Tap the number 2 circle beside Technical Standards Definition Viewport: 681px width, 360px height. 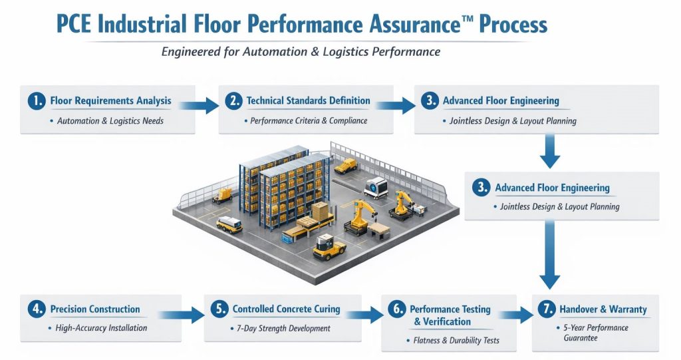tap(233, 102)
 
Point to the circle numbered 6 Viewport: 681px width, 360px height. tap(396, 310)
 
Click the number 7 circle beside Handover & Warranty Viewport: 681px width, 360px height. tap(546, 310)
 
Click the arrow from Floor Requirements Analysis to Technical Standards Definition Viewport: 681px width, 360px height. tap(200, 104)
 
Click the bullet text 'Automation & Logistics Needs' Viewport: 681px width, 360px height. tap(110, 121)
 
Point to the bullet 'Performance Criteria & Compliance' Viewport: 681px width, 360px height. tap(308, 121)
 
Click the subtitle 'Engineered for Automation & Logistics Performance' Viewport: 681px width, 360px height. tap(301, 51)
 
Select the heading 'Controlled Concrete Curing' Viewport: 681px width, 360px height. tap(286, 309)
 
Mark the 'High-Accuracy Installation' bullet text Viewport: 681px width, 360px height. tap(102, 328)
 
